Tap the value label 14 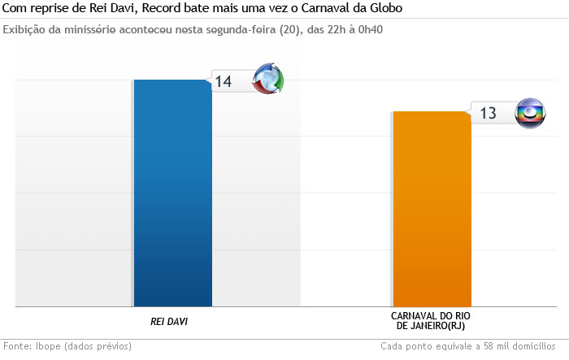(224, 81)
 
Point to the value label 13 (488, 113)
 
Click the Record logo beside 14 (268, 79)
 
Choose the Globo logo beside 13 (532, 112)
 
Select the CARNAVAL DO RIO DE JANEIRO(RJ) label (431, 320)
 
